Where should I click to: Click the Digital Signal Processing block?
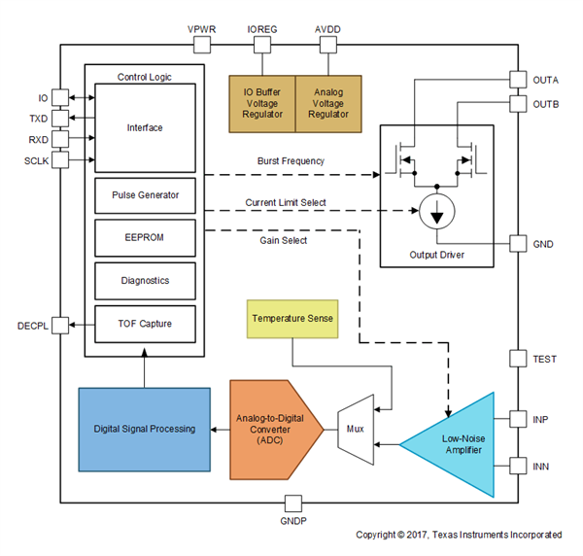click(x=144, y=429)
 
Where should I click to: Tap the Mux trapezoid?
click(x=355, y=429)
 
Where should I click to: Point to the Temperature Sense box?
click(x=292, y=319)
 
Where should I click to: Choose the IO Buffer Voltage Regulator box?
click(x=261, y=101)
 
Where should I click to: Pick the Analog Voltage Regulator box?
click(x=327, y=101)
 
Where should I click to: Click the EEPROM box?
click(x=146, y=237)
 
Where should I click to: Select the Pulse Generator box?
click(x=146, y=195)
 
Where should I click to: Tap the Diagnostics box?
click(x=146, y=280)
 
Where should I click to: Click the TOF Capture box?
click(x=146, y=322)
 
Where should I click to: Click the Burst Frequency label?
click(x=291, y=161)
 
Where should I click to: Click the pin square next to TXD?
click(x=60, y=118)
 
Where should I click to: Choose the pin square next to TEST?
click(x=520, y=360)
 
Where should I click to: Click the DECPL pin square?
click(x=60, y=324)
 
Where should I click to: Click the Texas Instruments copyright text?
click(x=459, y=535)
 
